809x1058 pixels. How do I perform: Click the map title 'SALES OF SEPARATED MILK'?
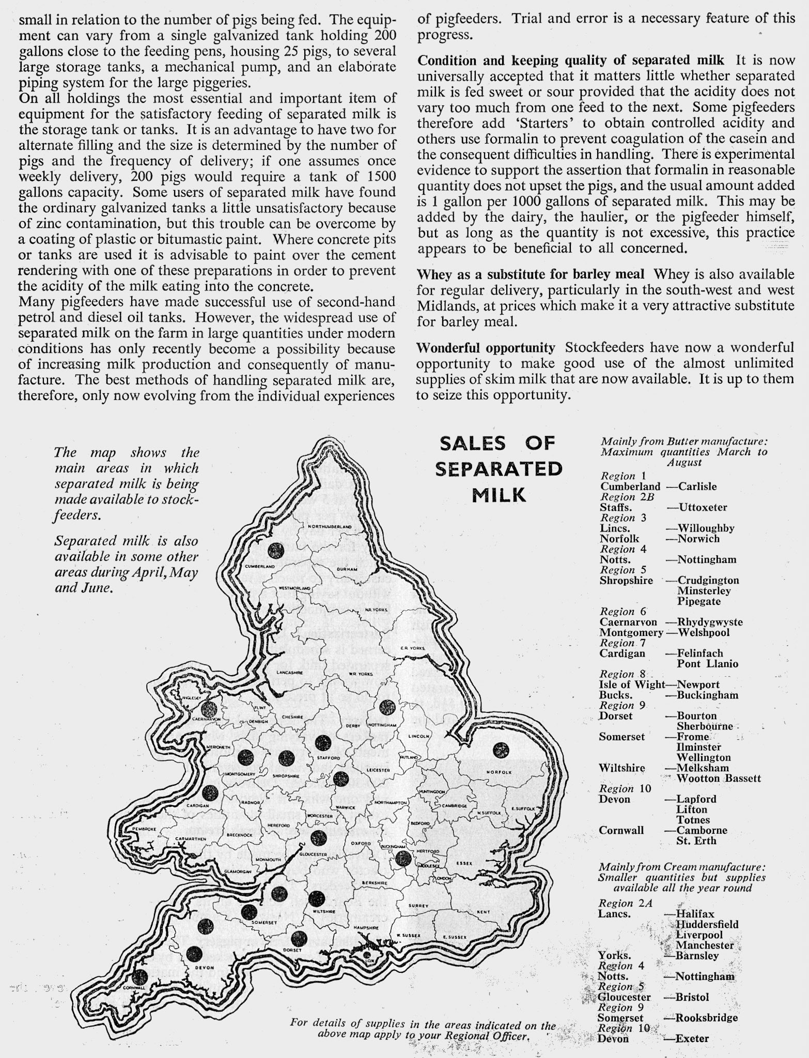point(499,469)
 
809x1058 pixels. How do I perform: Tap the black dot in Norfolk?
point(501,750)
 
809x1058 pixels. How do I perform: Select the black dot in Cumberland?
point(276,550)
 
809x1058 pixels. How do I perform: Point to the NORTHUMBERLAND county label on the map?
point(325,526)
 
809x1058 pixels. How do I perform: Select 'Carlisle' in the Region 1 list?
point(697,486)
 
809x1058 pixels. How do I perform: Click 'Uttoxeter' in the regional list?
point(703,507)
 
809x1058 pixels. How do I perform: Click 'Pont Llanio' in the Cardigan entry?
point(707,664)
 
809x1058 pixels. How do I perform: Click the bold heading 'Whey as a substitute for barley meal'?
point(531,274)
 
